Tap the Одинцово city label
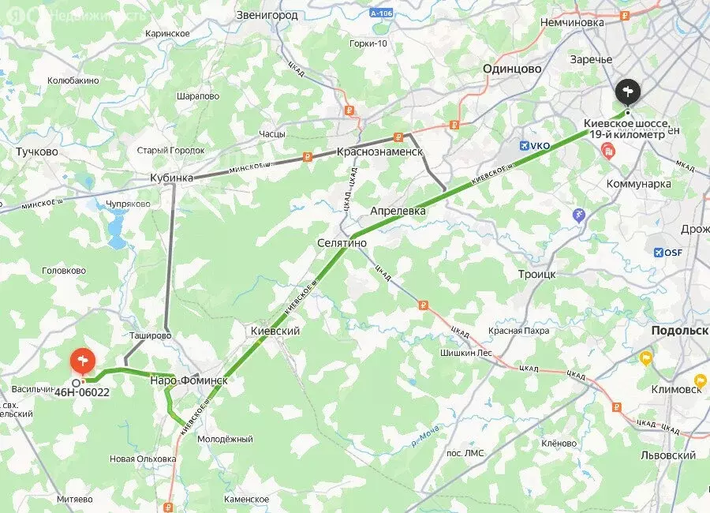point(512,69)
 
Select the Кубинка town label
point(171,178)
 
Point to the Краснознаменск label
point(379,152)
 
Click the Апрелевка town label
point(398,211)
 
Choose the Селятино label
point(342,244)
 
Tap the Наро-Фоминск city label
point(189,381)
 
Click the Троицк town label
point(536,273)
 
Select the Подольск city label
point(678,331)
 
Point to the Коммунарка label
point(638,184)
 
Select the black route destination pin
point(628,94)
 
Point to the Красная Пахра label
point(518,331)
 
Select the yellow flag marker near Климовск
point(646,358)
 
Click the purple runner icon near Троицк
point(580,215)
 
